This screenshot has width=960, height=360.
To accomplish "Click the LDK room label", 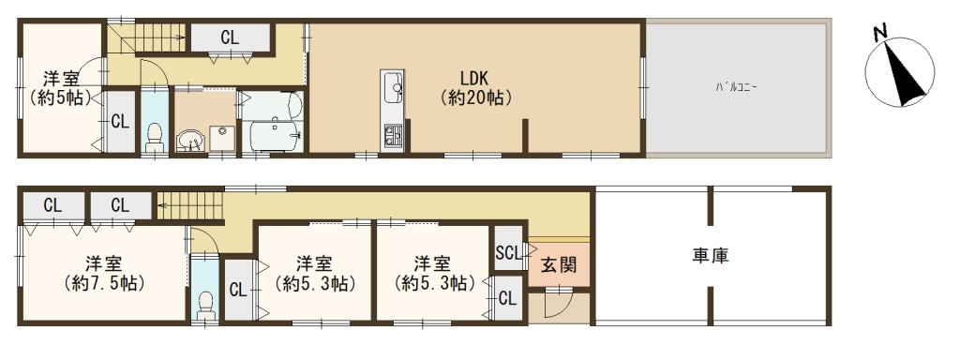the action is coord(473,78).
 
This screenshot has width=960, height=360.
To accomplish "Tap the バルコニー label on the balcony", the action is coord(736,87).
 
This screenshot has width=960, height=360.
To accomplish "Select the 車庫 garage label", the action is coord(711,255).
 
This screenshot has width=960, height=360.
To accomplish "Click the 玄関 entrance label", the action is coord(559,264).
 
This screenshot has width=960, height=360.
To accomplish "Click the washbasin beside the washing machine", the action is coord(189,141).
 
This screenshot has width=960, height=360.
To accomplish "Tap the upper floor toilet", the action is coord(154,136).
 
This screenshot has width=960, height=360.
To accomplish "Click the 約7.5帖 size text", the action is coord(104,283).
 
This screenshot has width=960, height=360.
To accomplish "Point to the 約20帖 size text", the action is coord(475,97).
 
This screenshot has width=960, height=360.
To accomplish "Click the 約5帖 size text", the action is coord(59,97).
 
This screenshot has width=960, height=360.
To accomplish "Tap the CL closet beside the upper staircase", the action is coord(231,37).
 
